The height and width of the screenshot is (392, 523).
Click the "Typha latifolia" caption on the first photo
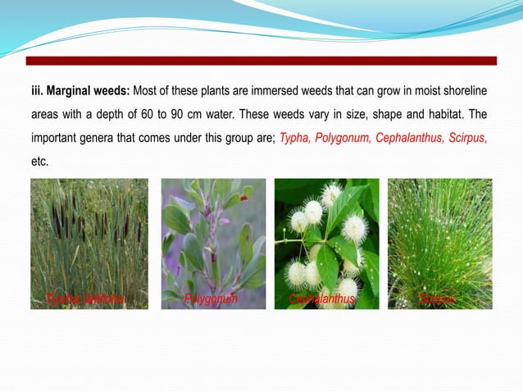[x=86, y=299]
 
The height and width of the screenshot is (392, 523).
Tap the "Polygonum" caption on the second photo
[x=211, y=299]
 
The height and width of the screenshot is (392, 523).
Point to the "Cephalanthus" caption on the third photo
[x=322, y=299]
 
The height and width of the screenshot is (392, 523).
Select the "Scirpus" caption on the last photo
[x=437, y=299]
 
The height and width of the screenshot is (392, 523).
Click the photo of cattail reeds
[x=89, y=238]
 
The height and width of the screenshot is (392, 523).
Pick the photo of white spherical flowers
[x=326, y=238]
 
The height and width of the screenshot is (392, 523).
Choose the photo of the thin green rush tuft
[x=439, y=238]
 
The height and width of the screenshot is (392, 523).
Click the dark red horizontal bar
[x=261, y=61]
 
